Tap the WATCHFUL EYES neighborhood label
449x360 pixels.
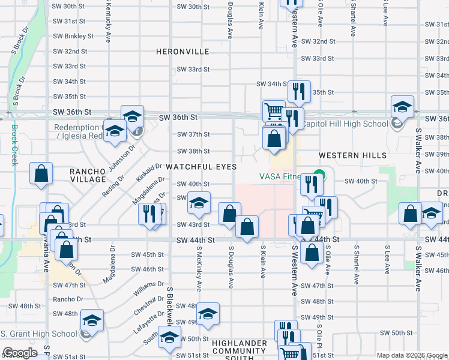click(200, 166)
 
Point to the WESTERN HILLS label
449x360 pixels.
click(352, 155)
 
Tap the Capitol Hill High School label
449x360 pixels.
click(345, 124)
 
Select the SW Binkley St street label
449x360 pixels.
click(73, 36)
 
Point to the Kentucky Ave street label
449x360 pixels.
click(109, 25)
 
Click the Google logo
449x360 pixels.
click(20, 353)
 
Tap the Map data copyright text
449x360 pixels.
click(412, 355)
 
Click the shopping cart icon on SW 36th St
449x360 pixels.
click(274, 111)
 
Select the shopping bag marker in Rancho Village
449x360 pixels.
click(41, 173)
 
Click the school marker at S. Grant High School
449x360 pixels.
click(92, 321)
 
